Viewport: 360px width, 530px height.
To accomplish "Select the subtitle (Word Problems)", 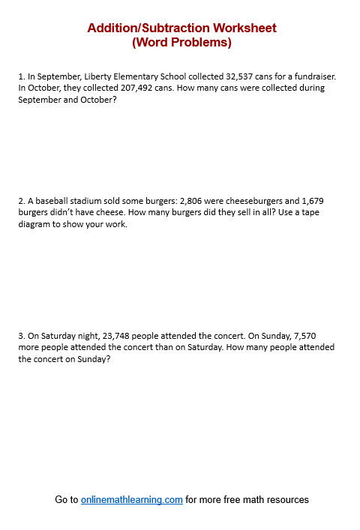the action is click(181, 43).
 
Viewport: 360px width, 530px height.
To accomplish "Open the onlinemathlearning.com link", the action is click(132, 499).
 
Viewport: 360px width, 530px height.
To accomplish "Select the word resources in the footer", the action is click(286, 499).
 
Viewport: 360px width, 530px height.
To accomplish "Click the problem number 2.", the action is click(21, 202).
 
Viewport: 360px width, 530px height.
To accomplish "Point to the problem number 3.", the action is click(21, 337).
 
